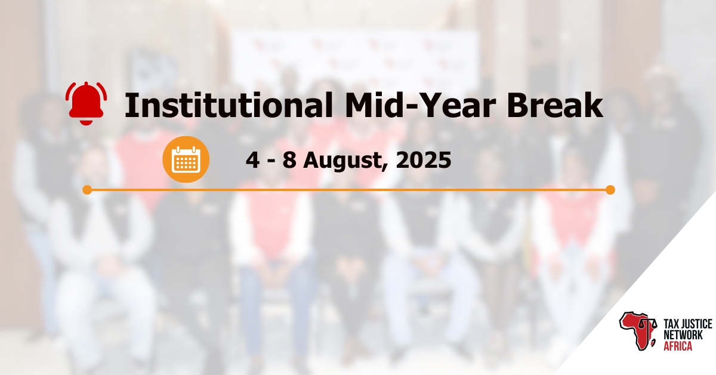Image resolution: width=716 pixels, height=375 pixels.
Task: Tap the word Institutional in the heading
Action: [227, 106]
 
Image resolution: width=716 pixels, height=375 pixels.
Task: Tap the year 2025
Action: [425, 159]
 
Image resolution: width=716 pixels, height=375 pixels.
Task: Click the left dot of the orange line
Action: [87, 190]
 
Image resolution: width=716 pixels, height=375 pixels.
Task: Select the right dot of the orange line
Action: [610, 190]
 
